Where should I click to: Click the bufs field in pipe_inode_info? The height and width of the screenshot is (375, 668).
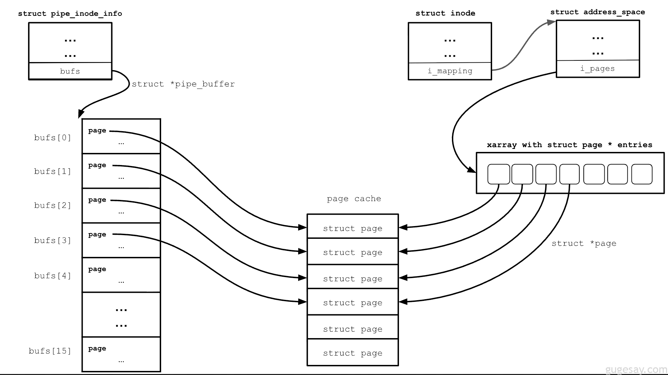click(x=70, y=71)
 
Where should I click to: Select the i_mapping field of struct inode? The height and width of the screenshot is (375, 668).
click(x=450, y=71)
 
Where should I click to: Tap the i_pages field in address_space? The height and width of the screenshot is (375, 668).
click(x=597, y=69)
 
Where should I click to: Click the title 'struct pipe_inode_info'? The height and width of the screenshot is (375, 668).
click(x=70, y=13)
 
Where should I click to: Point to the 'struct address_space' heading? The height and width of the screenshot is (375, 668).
click(x=597, y=12)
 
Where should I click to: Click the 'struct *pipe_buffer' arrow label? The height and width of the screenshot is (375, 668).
click(x=183, y=84)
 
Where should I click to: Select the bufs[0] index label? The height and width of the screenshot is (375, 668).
click(x=53, y=138)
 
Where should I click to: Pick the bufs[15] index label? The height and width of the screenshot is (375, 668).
click(x=50, y=351)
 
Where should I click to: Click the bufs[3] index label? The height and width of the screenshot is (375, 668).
click(x=53, y=240)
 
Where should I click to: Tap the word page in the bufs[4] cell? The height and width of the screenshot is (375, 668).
click(x=97, y=269)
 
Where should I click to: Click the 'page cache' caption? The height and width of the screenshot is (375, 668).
click(x=354, y=199)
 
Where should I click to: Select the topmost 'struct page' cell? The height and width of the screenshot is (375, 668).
click(x=352, y=228)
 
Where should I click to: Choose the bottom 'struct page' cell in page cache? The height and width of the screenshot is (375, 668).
click(x=352, y=353)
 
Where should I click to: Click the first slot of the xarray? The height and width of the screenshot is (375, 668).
click(x=498, y=174)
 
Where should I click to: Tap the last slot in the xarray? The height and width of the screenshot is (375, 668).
click(x=642, y=174)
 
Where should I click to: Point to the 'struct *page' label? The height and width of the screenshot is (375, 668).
click(x=584, y=244)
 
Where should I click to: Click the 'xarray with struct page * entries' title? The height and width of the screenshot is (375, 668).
click(x=569, y=145)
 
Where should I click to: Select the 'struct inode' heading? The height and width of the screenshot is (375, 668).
click(x=445, y=13)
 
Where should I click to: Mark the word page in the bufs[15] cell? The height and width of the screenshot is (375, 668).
click(x=97, y=349)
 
